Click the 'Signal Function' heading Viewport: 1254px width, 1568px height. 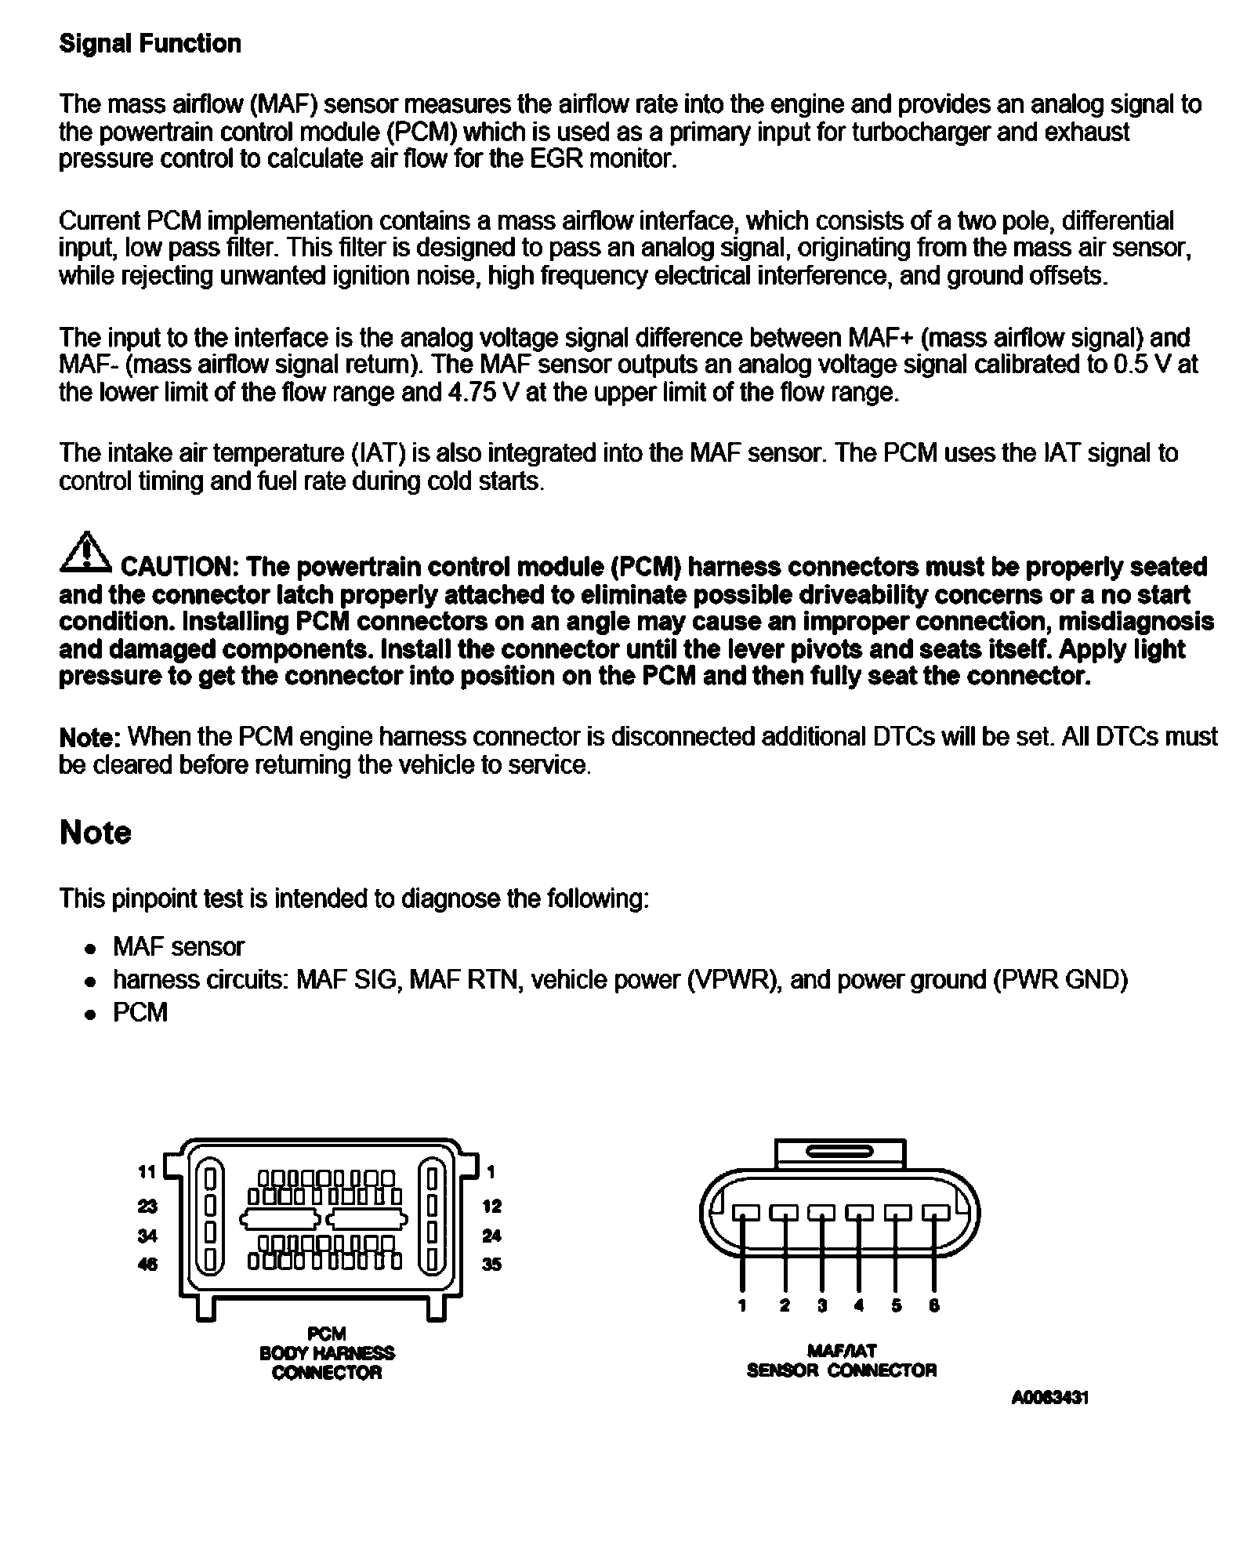pyautogui.click(x=150, y=44)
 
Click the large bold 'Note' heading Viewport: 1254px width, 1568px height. pyautogui.click(x=95, y=833)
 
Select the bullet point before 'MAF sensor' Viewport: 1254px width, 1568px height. pyautogui.click(x=91, y=949)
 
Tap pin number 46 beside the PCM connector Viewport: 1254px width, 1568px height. pyautogui.click(x=147, y=1265)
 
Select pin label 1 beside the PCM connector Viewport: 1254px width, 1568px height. pyautogui.click(x=491, y=1172)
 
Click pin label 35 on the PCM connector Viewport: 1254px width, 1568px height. pyautogui.click(x=491, y=1265)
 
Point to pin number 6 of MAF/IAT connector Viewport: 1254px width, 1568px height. pyautogui.click(x=933, y=1306)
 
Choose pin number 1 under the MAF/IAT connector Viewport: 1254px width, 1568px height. pyautogui.click(x=741, y=1306)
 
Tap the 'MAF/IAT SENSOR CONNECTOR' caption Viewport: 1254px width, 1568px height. pyautogui.click(x=841, y=1361)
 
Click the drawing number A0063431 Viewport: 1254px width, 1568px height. pyautogui.click(x=1049, y=1398)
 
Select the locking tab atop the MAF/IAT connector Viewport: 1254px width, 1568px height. pyautogui.click(x=839, y=1153)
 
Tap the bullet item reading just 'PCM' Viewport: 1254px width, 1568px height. pyautogui.click(x=140, y=1013)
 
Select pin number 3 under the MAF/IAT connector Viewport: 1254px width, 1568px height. pyautogui.click(x=821, y=1306)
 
